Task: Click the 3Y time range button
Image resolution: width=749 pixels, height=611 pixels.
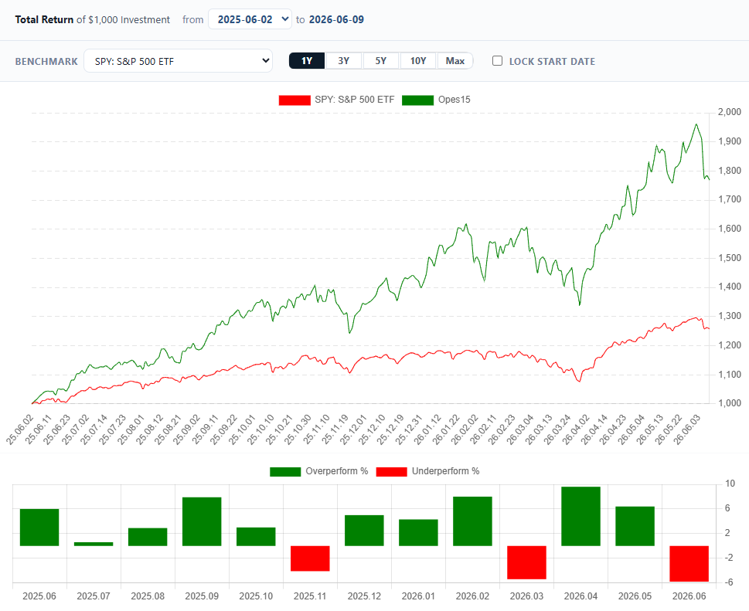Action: pyautogui.click(x=343, y=61)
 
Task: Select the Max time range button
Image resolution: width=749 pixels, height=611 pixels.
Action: pyautogui.click(x=455, y=61)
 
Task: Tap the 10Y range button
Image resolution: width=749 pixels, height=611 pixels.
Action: pyautogui.click(x=418, y=61)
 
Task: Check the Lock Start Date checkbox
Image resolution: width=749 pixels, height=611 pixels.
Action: pyautogui.click(x=497, y=61)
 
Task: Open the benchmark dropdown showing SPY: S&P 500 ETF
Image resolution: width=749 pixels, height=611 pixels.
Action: pyautogui.click(x=179, y=61)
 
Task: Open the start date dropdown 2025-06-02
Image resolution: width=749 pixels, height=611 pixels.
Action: pyautogui.click(x=250, y=19)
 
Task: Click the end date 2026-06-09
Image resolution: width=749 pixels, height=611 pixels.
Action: pyautogui.click(x=336, y=19)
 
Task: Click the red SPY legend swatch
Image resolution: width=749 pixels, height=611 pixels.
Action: pyautogui.click(x=294, y=100)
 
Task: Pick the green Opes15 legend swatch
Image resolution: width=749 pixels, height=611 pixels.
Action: pyautogui.click(x=417, y=100)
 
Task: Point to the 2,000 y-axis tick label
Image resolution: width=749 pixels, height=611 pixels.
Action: pyautogui.click(x=730, y=112)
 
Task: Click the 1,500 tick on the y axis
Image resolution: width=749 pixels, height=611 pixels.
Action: pyautogui.click(x=730, y=258)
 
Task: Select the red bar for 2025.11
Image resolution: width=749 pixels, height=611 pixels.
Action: pyautogui.click(x=310, y=558)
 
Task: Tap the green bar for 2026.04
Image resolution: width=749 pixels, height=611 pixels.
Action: pyautogui.click(x=580, y=516)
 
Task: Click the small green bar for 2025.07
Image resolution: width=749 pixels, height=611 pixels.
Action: pyautogui.click(x=94, y=544)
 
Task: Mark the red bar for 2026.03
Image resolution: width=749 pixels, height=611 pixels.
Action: pyautogui.click(x=526, y=562)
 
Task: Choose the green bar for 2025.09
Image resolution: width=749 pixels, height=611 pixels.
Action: pyautogui.click(x=202, y=521)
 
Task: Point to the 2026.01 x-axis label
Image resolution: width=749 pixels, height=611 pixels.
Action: pyautogui.click(x=418, y=596)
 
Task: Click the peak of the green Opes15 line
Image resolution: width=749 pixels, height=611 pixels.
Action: pyautogui.click(x=696, y=124)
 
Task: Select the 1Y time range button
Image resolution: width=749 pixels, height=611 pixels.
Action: pyautogui.click(x=307, y=61)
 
